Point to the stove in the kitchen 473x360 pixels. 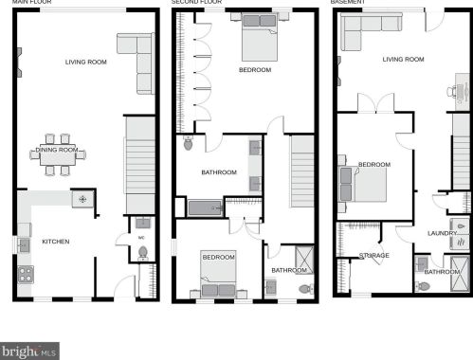pyautogui.click(x=26, y=274)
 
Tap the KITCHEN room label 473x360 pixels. pyautogui.click(x=55, y=242)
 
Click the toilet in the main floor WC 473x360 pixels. pyautogui.click(x=142, y=252)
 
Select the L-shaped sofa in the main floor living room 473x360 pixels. pyautogui.click(x=138, y=60)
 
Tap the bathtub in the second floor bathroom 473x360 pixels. pyautogui.click(x=205, y=207)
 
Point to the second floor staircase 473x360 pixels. pyautogui.click(x=300, y=171)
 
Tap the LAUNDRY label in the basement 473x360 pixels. pyautogui.click(x=442, y=233)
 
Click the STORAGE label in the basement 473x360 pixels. pyautogui.click(x=374, y=255)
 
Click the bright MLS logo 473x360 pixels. pyautogui.click(x=29, y=351)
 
